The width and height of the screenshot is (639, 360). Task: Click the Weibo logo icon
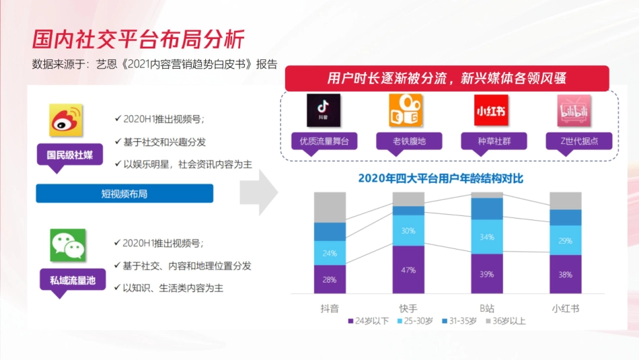tap(66, 120)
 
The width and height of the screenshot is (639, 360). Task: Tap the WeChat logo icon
tap(67, 245)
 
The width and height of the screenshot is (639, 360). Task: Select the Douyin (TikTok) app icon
tap(323, 110)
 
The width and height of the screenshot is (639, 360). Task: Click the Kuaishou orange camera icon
tap(406, 110)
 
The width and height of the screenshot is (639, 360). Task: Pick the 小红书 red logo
tap(490, 110)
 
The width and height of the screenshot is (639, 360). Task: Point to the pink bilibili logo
tap(574, 110)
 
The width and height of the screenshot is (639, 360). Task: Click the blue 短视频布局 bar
tap(124, 194)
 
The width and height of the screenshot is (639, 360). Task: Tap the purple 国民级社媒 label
tap(70, 155)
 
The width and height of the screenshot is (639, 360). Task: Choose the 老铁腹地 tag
tap(409, 141)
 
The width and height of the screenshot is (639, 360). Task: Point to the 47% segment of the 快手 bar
tap(409, 269)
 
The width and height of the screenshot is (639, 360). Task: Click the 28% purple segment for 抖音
tap(330, 279)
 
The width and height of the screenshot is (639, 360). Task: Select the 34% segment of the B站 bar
tap(487, 237)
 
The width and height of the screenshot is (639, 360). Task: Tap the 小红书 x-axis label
tap(566, 308)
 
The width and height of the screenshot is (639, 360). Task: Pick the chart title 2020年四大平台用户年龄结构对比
tap(440, 178)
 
